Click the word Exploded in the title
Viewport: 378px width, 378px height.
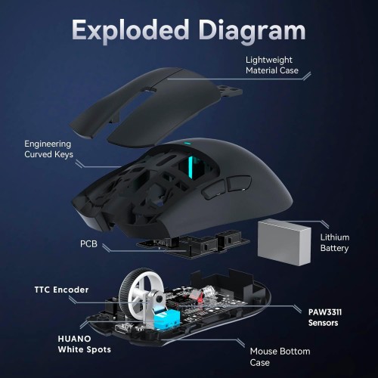tap(130, 29)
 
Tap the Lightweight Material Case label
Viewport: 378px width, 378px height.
tap(272, 65)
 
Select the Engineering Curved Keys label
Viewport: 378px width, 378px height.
tap(48, 149)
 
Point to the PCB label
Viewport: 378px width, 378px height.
tap(88, 243)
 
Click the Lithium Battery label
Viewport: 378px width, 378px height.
tap(335, 243)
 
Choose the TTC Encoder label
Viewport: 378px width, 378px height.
tap(61, 290)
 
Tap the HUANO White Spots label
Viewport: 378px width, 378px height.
tap(84, 344)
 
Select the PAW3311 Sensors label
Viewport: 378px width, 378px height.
tap(325, 318)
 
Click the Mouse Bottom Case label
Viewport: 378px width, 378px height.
tap(280, 357)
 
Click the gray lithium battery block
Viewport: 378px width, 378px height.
tap(284, 242)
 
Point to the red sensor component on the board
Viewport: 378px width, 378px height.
tap(197, 296)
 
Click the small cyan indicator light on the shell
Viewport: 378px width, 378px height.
tap(187, 144)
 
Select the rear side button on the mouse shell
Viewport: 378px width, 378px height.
tap(239, 183)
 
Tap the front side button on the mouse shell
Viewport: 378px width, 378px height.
tap(213, 190)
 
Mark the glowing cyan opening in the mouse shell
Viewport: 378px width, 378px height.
tap(193, 167)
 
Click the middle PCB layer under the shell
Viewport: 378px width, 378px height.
tap(194, 245)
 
